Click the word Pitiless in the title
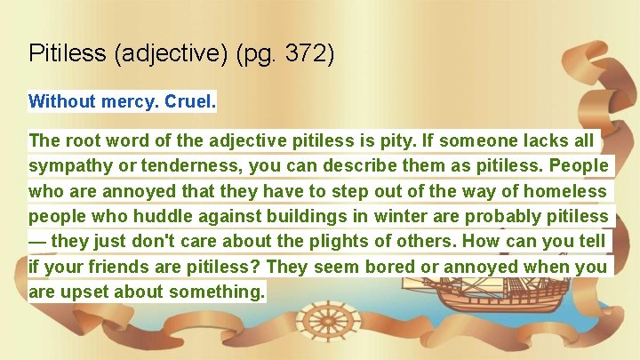coord(68,53)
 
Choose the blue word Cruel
coord(189,100)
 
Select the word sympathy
coord(68,166)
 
